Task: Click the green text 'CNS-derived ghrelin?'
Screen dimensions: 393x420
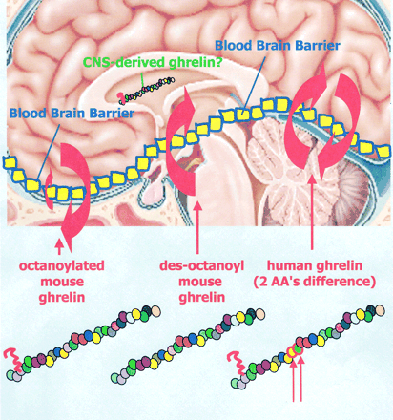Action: (x=153, y=62)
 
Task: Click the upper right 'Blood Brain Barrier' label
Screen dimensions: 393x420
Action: (x=278, y=46)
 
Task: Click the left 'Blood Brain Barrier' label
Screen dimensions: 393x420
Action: (x=72, y=113)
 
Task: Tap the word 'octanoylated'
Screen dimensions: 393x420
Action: (x=62, y=265)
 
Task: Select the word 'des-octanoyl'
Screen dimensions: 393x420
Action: (x=202, y=265)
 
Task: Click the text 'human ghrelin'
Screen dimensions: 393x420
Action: (x=315, y=265)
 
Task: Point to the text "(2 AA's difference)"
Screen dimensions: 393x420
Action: (x=315, y=282)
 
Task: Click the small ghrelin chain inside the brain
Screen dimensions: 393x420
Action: (x=146, y=90)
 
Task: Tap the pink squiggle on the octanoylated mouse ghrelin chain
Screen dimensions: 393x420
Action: (x=13, y=359)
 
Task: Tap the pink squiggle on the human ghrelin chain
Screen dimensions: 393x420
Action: (x=238, y=362)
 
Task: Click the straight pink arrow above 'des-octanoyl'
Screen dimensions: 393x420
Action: (x=197, y=227)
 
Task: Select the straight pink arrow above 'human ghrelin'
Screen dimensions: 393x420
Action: (x=312, y=212)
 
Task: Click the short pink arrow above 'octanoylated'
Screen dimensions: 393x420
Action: (x=59, y=247)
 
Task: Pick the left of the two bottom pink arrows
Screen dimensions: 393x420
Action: (x=294, y=379)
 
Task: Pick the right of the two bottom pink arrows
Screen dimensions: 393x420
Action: (x=300, y=379)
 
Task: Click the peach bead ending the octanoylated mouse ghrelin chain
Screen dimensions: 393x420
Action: (x=155, y=310)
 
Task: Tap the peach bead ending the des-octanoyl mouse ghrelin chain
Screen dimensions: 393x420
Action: (x=259, y=313)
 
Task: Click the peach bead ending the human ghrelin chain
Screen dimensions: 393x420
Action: (x=380, y=310)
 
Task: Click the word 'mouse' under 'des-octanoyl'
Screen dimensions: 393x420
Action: (x=200, y=282)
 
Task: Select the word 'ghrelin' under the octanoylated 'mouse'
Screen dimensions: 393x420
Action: (x=62, y=298)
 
